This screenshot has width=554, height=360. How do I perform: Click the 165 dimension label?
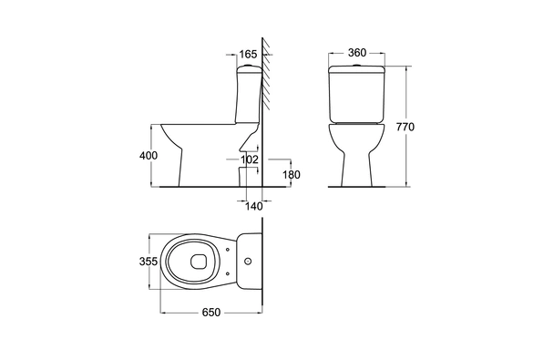248,55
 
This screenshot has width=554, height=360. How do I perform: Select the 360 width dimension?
357,53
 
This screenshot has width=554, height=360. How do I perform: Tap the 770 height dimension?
405,127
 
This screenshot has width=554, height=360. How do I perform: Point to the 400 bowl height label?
149,156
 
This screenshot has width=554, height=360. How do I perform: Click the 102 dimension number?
250,159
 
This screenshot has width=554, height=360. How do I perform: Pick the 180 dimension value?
292,174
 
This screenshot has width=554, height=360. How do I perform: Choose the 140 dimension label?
254,206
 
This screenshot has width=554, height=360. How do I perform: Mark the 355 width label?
148,262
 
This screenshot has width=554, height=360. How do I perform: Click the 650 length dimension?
211,313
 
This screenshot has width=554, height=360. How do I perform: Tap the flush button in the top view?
248,262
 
